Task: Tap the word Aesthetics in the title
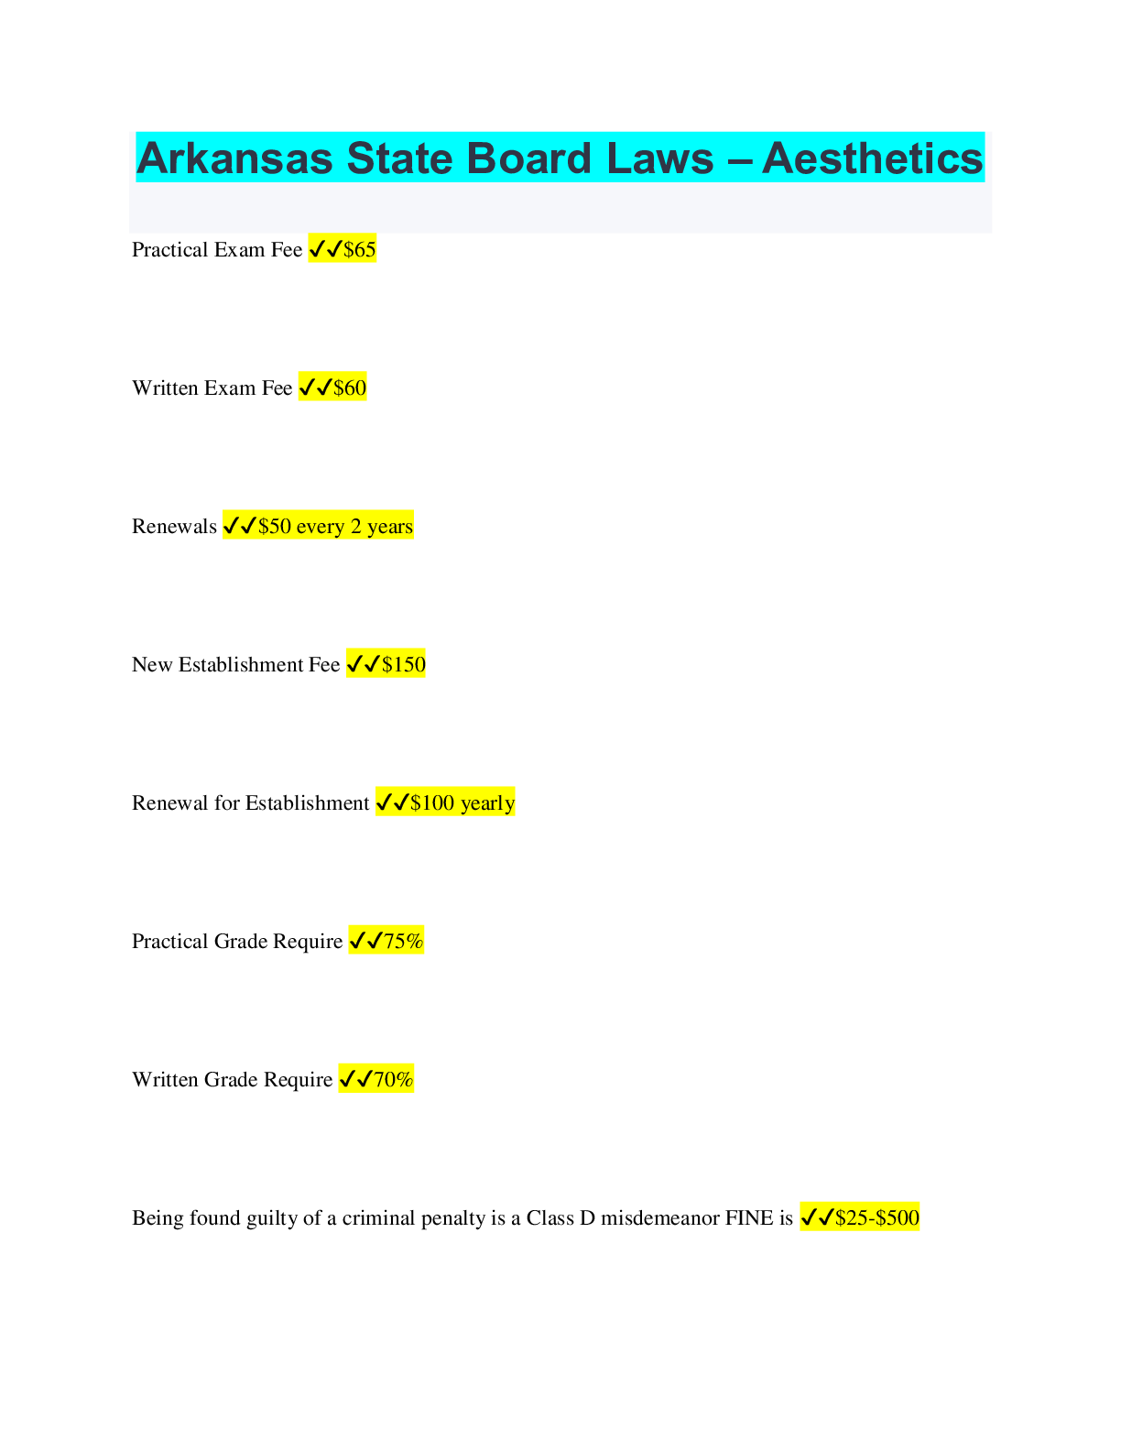tap(872, 158)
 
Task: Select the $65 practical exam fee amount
tap(360, 250)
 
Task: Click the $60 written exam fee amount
tap(350, 388)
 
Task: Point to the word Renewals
tap(174, 527)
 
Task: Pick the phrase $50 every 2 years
tap(335, 527)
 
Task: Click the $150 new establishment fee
tap(404, 665)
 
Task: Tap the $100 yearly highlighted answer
tap(463, 803)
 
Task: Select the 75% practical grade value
tap(404, 942)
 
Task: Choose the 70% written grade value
tap(394, 1080)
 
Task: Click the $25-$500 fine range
tap(877, 1218)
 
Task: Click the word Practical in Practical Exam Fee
tap(169, 250)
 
